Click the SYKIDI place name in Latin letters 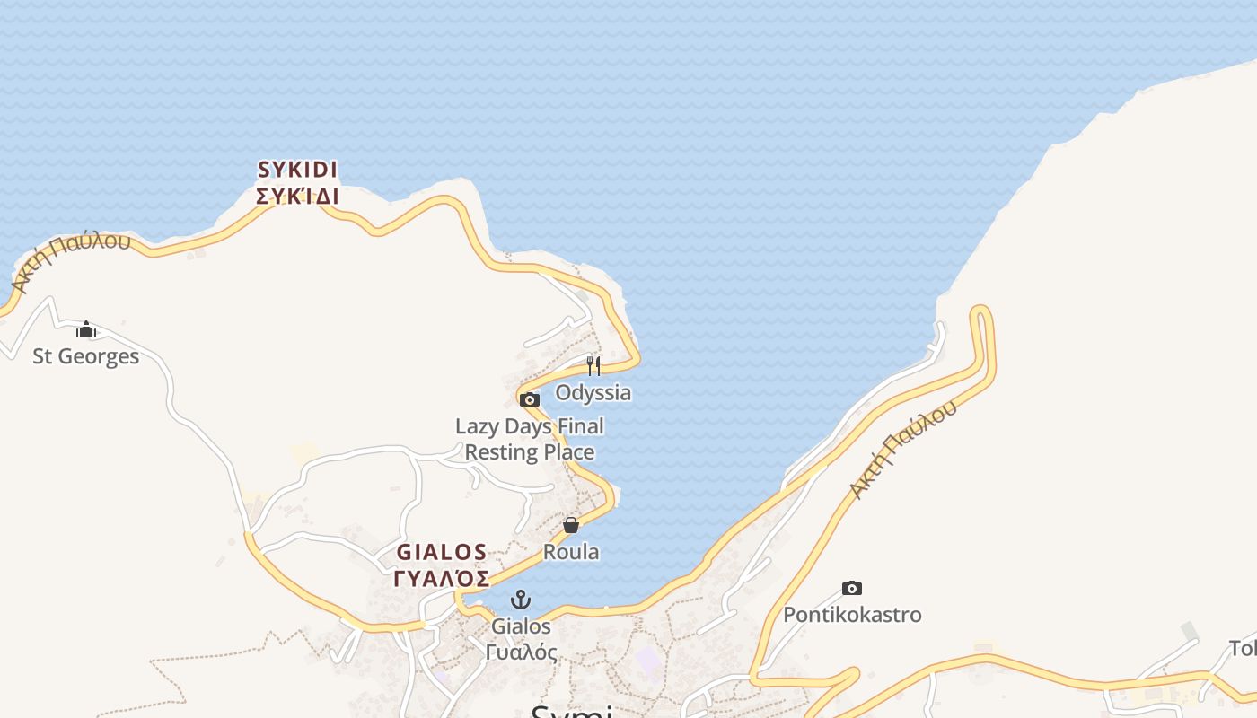click(297, 170)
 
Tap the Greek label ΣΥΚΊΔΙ click(297, 197)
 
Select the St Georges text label click(86, 356)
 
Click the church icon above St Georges click(86, 330)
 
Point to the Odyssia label click(593, 392)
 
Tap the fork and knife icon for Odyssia click(593, 365)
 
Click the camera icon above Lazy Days click(530, 399)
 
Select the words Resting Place click(530, 451)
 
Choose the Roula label click(571, 551)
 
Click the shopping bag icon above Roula click(571, 525)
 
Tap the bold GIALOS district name click(442, 552)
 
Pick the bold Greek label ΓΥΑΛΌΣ click(442, 578)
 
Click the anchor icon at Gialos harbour click(521, 600)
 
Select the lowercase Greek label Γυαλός click(521, 652)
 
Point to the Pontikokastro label click(852, 615)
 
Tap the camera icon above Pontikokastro click(852, 589)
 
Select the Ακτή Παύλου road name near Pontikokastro click(903, 451)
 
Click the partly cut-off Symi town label click(571, 711)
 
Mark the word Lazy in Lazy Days click(477, 426)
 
